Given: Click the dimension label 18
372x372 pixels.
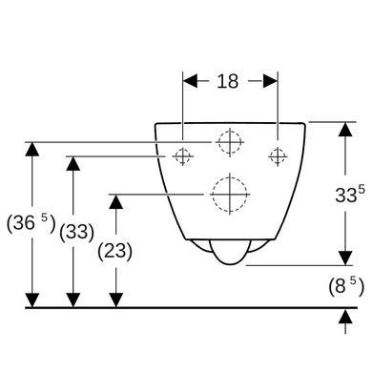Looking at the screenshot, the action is click(x=228, y=81).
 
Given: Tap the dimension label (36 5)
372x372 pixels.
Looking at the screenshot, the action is click(x=31, y=223).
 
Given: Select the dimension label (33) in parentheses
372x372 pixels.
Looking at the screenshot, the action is click(x=76, y=232).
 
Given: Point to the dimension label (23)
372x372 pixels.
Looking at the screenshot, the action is click(x=114, y=251).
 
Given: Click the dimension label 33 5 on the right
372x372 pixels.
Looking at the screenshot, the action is click(x=350, y=194).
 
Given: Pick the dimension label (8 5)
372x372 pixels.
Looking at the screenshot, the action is click(x=346, y=286).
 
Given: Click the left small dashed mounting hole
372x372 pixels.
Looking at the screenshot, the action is click(x=182, y=156).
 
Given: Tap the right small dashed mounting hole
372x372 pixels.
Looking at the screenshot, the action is click(x=278, y=156).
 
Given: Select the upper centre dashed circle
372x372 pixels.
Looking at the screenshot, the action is click(x=230, y=142).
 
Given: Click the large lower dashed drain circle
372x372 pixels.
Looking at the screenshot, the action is click(x=230, y=194).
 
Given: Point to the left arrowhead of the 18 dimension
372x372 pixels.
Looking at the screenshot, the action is click(x=190, y=81).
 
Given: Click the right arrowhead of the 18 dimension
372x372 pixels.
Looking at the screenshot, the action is click(x=270, y=81).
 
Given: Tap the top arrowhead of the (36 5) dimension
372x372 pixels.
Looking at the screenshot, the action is click(x=31, y=150).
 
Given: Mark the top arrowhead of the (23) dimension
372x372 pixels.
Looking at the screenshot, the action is click(x=115, y=201).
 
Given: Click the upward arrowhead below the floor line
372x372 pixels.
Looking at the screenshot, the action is click(x=345, y=317).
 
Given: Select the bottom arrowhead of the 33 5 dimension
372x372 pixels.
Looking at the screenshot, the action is click(x=345, y=258).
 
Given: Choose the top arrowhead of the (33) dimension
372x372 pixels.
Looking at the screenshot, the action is click(x=73, y=164).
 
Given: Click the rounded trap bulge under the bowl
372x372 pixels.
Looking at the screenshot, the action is click(x=230, y=252).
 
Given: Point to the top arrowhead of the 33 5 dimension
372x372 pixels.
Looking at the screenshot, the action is click(x=345, y=130).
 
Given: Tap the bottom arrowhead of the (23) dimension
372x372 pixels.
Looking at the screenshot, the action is click(x=116, y=300).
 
